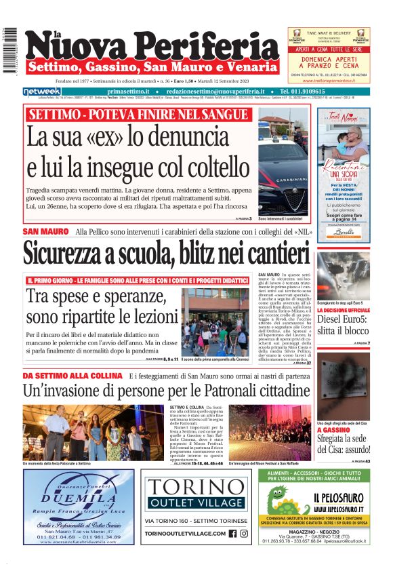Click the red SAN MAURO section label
[45, 232]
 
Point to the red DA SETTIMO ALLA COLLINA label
[72, 376]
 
